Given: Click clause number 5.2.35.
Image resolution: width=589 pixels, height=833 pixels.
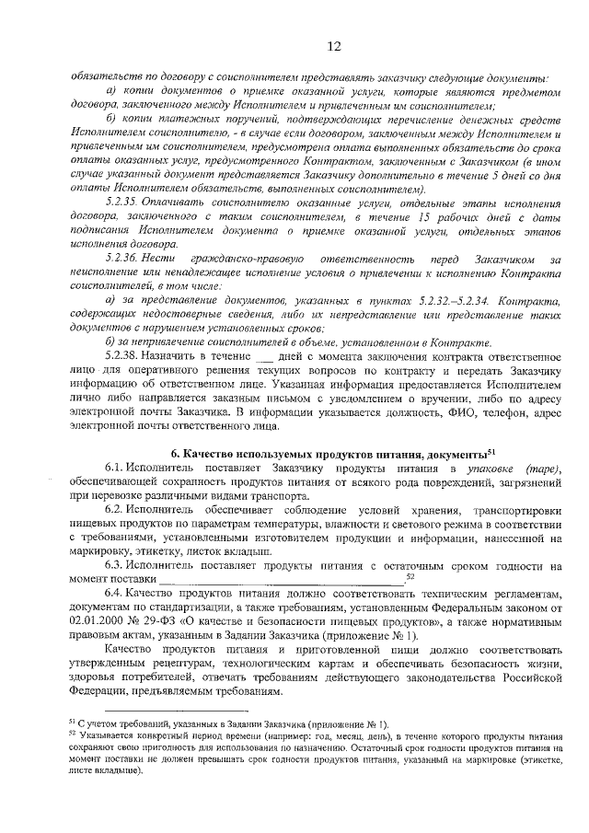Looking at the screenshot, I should pos(124,202).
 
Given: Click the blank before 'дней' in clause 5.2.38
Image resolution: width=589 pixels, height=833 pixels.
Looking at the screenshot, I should pos(264,353).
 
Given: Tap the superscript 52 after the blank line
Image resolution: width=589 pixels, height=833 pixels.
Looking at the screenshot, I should pos(410,576).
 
